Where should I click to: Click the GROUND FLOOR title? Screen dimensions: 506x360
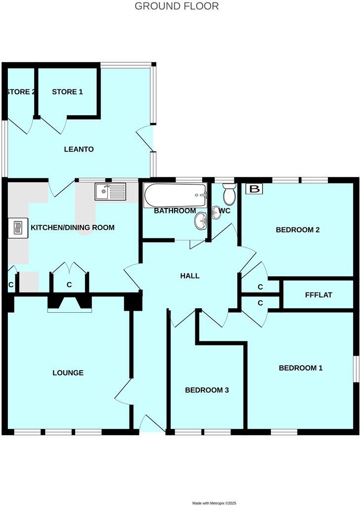[x=177, y=6]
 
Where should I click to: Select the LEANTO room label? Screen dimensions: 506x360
[x=79, y=149]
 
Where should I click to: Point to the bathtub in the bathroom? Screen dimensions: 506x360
[x=174, y=196]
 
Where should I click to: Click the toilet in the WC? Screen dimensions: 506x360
[x=229, y=195]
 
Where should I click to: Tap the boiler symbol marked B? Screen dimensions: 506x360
[x=255, y=189]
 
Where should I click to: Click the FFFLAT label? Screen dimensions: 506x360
[x=318, y=295]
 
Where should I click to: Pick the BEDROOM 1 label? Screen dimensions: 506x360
[x=301, y=368]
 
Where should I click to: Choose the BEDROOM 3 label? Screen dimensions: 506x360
[x=207, y=390]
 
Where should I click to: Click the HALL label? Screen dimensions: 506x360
[x=190, y=276]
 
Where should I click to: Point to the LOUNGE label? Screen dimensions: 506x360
[x=68, y=373]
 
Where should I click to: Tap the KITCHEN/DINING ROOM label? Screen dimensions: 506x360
[x=73, y=228]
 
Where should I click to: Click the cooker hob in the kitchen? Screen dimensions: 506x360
[x=16, y=228]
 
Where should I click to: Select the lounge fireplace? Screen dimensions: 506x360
[x=70, y=303]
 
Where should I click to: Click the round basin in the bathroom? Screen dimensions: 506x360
[x=201, y=221]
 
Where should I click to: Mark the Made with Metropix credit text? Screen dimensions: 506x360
[x=215, y=503]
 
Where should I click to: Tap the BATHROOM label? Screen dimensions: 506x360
[x=175, y=211]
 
